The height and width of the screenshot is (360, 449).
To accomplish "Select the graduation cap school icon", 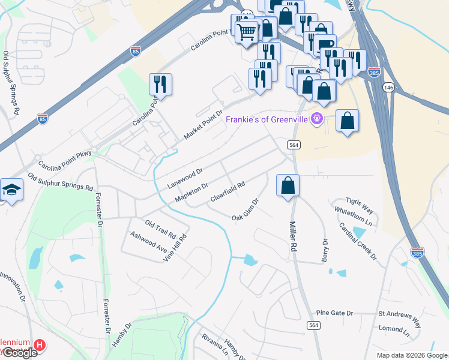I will (x=12, y=190).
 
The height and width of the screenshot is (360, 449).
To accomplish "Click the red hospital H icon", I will (x=40, y=345).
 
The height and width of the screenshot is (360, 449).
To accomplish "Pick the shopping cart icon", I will (x=247, y=31).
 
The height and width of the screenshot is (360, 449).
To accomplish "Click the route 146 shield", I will (x=388, y=88).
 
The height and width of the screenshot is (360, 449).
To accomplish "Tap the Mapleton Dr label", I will (x=191, y=193).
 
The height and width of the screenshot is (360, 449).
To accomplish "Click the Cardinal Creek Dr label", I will (x=357, y=242).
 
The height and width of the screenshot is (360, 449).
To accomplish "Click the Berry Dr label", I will (x=325, y=250).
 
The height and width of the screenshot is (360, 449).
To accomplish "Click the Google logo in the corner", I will (x=19, y=353).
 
